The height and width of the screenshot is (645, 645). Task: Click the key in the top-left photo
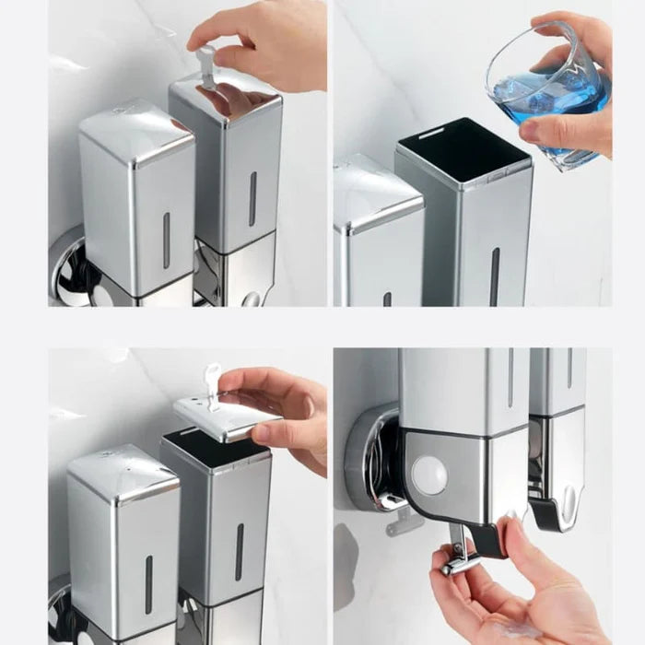tap(206, 67)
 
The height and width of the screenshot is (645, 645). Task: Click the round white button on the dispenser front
tap(428, 475)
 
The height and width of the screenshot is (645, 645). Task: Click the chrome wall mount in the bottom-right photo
tap(373, 456)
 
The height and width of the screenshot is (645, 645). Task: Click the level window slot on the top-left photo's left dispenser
tap(166, 240)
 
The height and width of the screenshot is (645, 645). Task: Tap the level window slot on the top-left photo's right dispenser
tap(252, 198)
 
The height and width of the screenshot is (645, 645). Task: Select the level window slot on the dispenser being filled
tap(495, 276)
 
